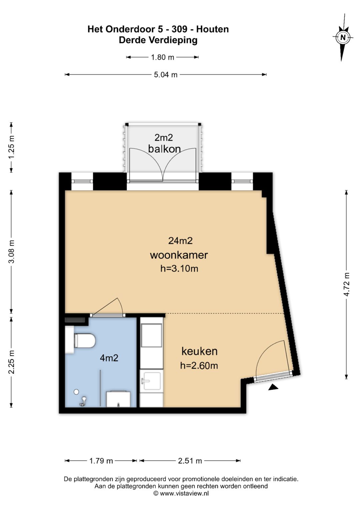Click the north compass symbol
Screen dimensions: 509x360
tap(343, 37)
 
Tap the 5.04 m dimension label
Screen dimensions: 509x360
tap(165, 75)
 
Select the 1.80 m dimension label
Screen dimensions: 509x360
tap(162, 57)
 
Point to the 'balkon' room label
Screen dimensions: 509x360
tap(164, 149)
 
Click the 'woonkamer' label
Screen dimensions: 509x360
tap(179, 255)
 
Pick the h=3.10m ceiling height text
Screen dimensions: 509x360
tap(179, 269)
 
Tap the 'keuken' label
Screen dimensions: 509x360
tap(199, 351)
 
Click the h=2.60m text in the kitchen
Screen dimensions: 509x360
tap(199, 366)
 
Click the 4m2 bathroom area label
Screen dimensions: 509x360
tap(109, 358)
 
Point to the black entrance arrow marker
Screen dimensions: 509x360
tap(273, 387)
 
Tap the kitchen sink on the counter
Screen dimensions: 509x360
tap(151, 381)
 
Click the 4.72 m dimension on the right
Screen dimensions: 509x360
tap(347, 284)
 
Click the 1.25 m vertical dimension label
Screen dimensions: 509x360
tap(11, 147)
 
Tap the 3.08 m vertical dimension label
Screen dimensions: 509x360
tap(11, 252)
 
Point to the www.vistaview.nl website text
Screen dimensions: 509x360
tap(184, 493)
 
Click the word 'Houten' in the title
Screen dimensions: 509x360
tap(212, 29)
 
